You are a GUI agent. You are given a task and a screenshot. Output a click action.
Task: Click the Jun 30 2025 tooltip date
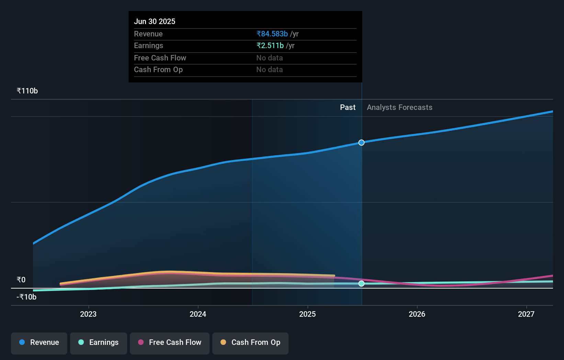pos(155,21)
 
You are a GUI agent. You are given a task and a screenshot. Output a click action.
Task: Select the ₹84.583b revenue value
pos(272,34)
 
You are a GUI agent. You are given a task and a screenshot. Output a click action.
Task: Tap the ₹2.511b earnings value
pos(270,45)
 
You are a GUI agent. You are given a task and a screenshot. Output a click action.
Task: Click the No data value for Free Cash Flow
pos(269,58)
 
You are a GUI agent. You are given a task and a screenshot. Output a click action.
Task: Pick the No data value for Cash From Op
pos(269,69)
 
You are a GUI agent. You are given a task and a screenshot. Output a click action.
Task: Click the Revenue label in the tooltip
pos(148,34)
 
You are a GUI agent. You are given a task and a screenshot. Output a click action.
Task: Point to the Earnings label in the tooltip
pos(148,45)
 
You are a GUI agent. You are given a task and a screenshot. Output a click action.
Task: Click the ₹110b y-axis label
pos(27,91)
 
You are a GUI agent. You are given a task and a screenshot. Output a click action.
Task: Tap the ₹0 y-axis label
pos(21,280)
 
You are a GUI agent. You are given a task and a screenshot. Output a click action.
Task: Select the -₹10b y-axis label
pos(26,297)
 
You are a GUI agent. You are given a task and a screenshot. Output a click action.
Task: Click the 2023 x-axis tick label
pos(88,314)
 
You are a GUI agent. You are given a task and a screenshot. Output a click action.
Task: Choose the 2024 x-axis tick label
pos(198,314)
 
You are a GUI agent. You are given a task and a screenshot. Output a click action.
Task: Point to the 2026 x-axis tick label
pos(417,314)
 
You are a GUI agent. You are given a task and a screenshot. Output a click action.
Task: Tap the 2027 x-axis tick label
pos(526,314)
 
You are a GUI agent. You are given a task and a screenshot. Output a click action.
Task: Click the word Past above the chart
pos(348,107)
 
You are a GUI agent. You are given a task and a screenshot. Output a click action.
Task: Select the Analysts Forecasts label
pos(399,107)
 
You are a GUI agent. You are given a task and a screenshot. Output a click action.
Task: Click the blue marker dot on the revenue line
pos(361,143)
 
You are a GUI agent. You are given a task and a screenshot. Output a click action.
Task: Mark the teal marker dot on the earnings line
pos(361,283)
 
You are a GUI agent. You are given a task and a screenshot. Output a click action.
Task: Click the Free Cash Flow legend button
pos(170,342)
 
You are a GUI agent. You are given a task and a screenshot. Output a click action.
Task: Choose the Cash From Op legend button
pos(250,342)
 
